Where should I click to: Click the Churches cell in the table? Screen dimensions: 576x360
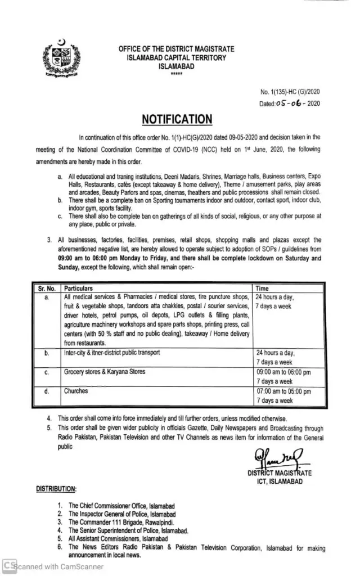(x=76, y=391)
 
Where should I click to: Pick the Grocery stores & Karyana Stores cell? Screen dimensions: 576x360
(x=105, y=372)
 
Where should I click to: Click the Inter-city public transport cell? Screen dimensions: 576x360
(x=112, y=353)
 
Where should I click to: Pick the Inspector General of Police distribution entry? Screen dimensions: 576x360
(x=121, y=514)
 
